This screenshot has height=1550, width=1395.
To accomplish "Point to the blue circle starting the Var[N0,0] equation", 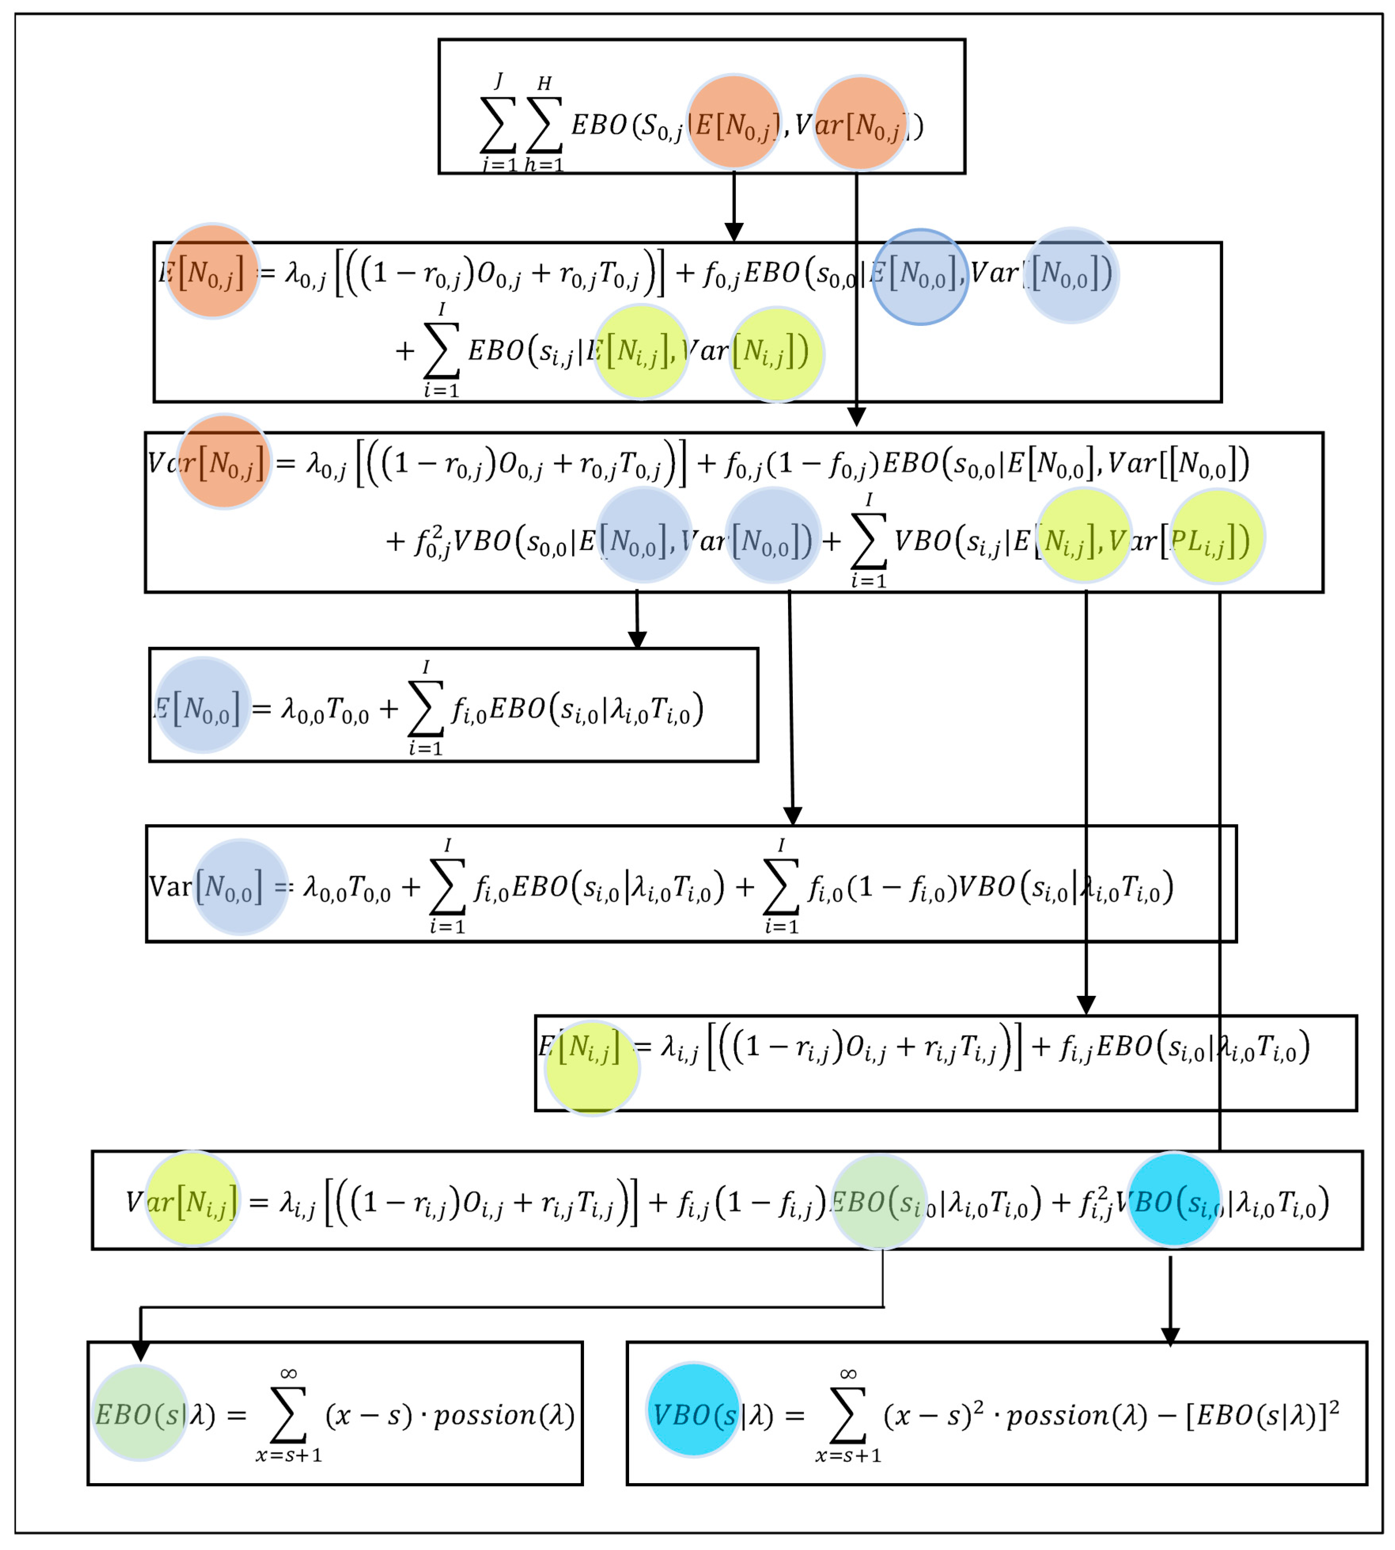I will tap(240, 887).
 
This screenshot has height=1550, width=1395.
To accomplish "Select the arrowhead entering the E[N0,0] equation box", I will tap(638, 639).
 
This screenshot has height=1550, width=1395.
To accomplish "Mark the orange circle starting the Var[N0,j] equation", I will tap(224, 462).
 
